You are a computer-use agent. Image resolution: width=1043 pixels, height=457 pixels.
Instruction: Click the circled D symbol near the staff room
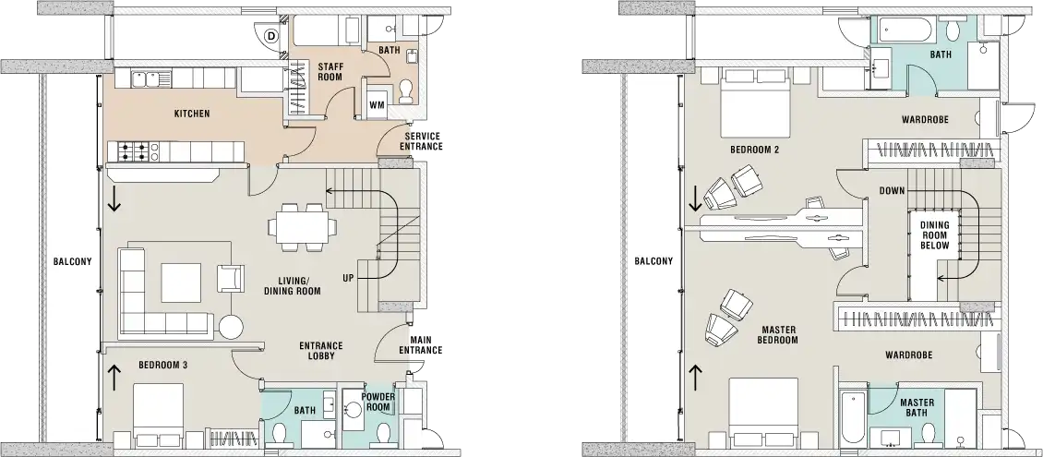(x=270, y=36)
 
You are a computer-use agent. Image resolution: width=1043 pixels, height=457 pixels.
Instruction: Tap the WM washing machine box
(x=377, y=105)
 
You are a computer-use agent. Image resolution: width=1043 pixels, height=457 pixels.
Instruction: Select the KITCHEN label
(x=192, y=114)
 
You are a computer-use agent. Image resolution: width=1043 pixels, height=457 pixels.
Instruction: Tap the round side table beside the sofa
(x=229, y=326)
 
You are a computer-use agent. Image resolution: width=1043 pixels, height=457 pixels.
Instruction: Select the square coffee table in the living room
(x=181, y=283)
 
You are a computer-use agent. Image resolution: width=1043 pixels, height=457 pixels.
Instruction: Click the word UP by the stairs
(x=347, y=277)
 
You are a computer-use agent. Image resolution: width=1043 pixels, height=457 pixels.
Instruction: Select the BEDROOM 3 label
(x=162, y=366)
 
